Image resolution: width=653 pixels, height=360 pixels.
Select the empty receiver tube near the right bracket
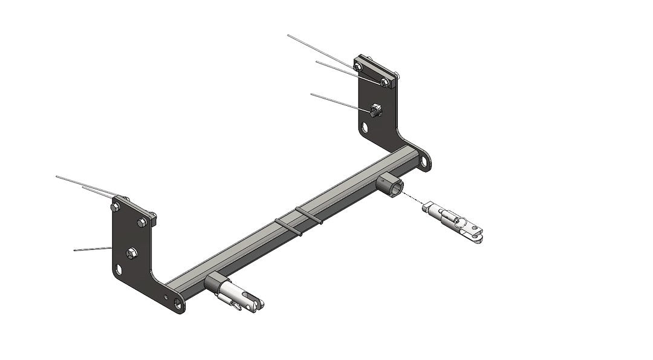pos(390,184)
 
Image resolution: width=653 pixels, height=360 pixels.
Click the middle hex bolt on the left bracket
pos(132,251)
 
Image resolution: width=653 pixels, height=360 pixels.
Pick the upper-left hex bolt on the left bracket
pos(115,207)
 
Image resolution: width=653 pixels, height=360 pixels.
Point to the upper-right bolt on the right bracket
pos(385,82)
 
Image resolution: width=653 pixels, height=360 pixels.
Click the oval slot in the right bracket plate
pos(366,128)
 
